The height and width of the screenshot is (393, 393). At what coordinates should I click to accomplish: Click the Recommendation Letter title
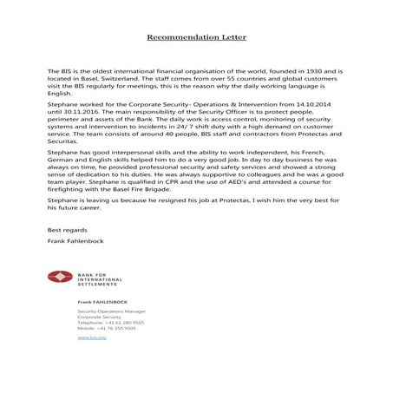(196, 37)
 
